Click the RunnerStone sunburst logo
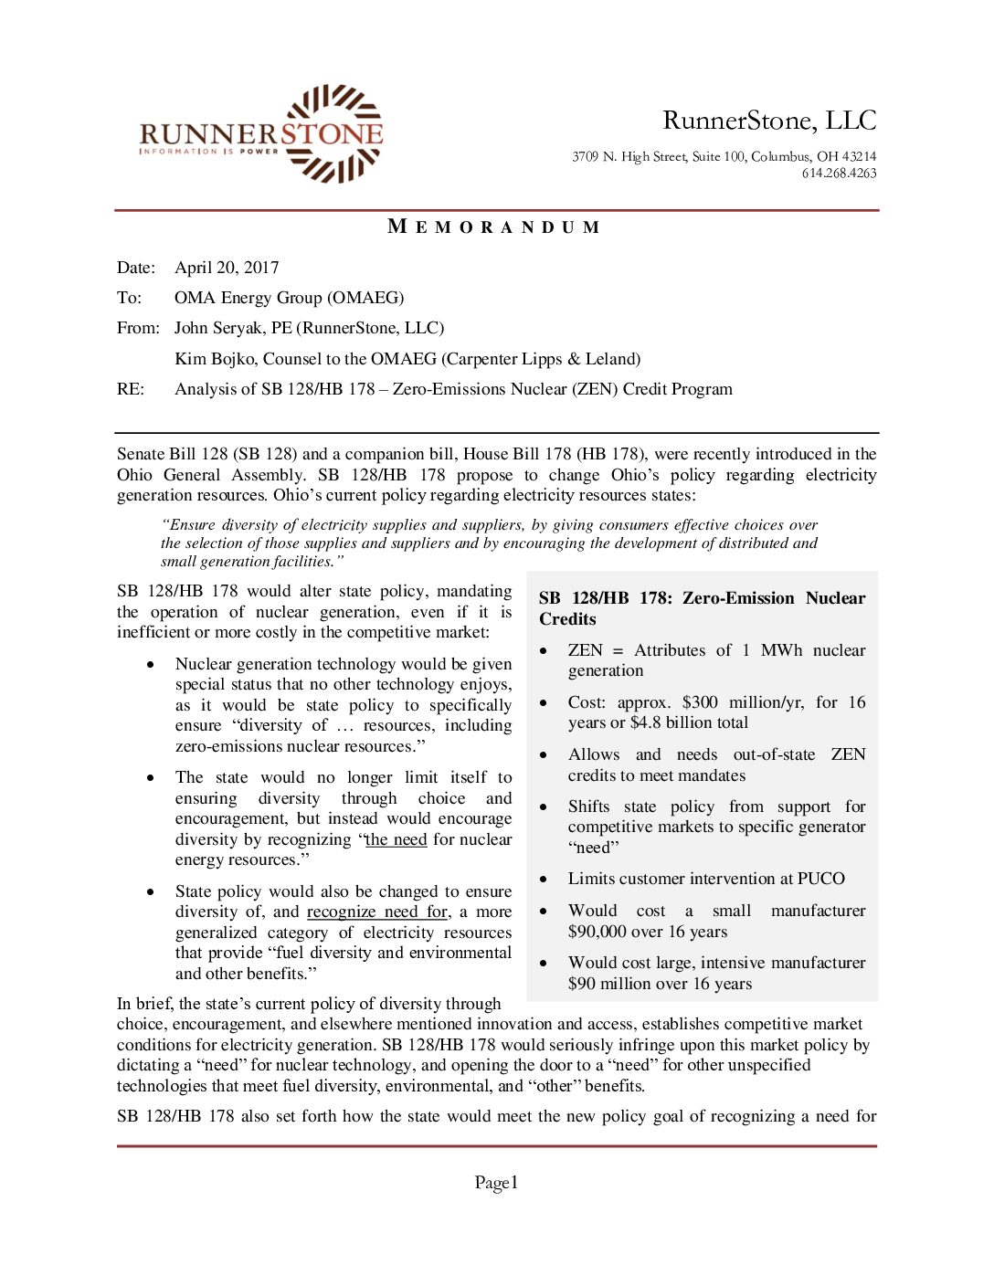coord(333,133)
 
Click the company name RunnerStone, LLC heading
coord(769,121)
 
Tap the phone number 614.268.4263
coord(839,174)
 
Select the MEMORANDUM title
coord(494,227)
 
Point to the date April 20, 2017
coord(227,268)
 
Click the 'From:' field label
coord(138,328)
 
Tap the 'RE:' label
coord(131,389)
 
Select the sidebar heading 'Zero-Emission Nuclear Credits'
coord(702,608)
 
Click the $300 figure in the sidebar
coord(700,702)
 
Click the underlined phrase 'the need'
coord(396,839)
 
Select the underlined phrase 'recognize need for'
coord(377,912)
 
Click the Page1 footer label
coord(496,1183)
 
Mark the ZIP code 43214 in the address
coord(859,157)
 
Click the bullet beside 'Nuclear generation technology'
coord(151,664)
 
